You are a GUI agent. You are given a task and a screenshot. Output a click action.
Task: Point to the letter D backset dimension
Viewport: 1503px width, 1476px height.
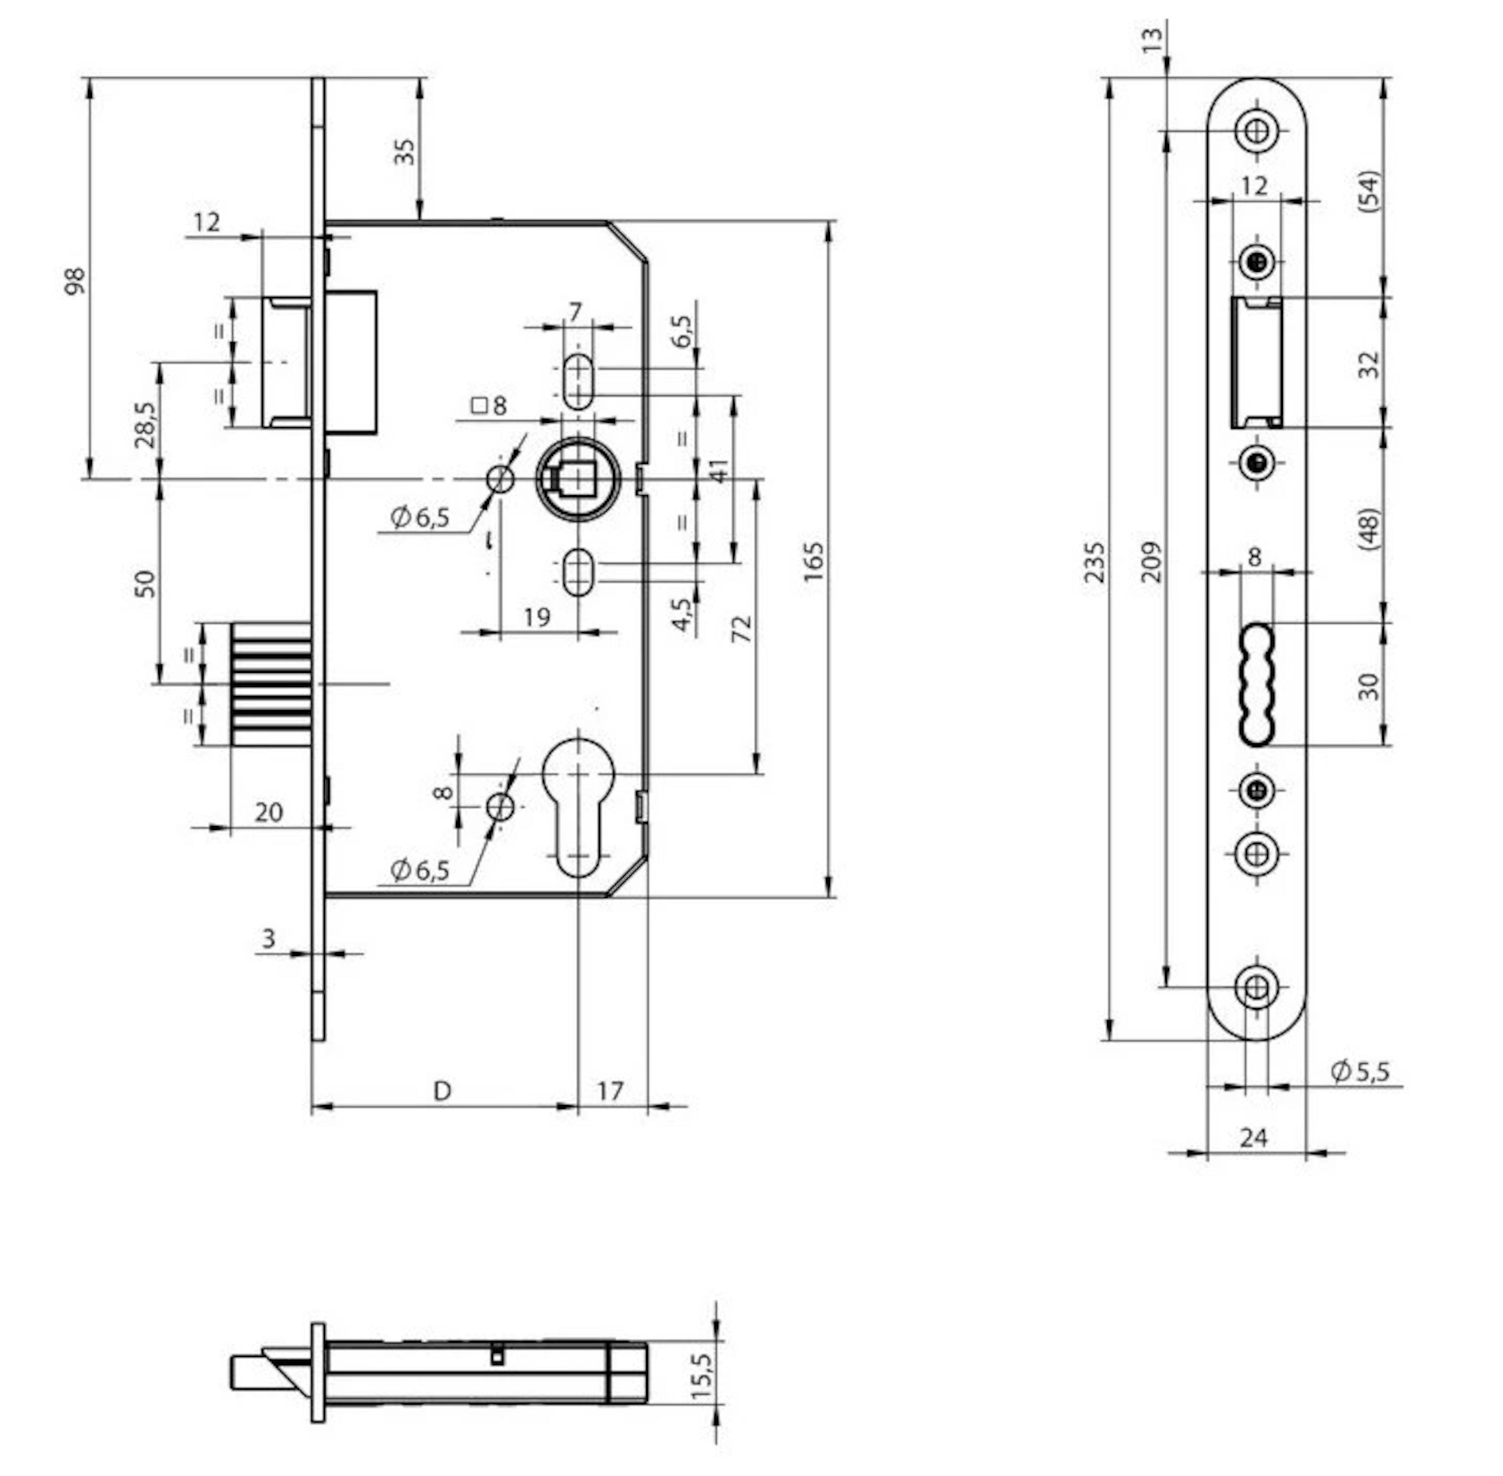tap(442, 1091)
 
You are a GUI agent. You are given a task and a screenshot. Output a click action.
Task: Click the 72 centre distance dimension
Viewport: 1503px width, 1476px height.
tap(742, 628)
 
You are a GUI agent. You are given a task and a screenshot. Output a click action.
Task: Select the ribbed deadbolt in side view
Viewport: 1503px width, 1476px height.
tap(271, 684)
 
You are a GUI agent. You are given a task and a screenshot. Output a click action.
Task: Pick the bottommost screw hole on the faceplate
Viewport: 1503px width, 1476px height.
tap(1257, 988)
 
